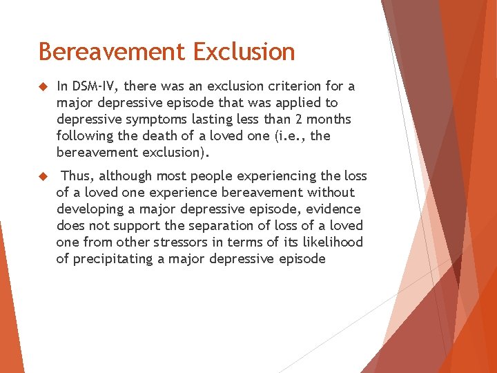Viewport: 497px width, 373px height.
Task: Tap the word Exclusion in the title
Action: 244,52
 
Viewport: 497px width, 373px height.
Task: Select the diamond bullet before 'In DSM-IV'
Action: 43,87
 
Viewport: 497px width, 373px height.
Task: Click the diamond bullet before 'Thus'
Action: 43,177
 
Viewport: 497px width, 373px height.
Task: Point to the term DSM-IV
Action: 96,86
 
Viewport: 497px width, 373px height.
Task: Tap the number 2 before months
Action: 300,119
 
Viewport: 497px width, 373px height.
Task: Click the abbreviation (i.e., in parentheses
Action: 291,136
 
